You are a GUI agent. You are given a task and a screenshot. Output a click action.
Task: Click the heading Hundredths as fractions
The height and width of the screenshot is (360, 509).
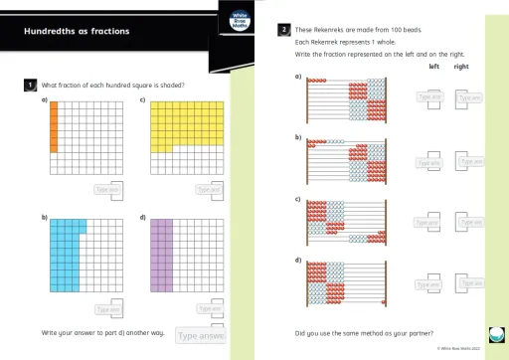click(x=78, y=31)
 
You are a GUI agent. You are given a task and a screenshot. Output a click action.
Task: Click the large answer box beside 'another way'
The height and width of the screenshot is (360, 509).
click(x=200, y=336)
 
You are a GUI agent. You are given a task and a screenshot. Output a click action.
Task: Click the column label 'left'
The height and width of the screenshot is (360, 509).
click(x=433, y=67)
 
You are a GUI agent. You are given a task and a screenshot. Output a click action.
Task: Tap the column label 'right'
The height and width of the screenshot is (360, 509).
click(x=462, y=67)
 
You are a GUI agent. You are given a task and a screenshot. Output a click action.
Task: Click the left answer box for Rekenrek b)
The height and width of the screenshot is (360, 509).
click(x=429, y=163)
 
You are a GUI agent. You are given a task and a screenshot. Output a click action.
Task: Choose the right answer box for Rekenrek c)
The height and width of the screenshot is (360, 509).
click(x=468, y=223)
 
